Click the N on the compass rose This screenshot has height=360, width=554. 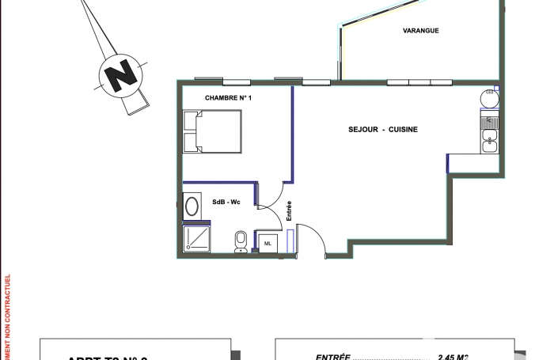(x=120, y=77)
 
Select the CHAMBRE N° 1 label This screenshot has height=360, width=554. (x=227, y=97)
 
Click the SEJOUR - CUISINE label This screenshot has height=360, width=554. (x=382, y=130)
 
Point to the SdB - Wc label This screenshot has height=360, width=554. (x=226, y=203)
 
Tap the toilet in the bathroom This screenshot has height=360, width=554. (x=241, y=241)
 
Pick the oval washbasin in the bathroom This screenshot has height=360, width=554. (x=192, y=207)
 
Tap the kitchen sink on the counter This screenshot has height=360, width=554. (x=490, y=142)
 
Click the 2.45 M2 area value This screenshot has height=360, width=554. (x=452, y=356)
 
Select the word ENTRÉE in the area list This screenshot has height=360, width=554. (x=332, y=356)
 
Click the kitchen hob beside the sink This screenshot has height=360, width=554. (x=490, y=121)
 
